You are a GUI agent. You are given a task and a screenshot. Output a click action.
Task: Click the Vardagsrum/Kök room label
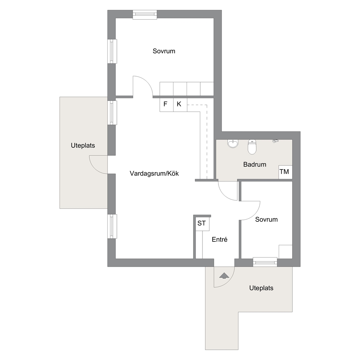tap(154, 173)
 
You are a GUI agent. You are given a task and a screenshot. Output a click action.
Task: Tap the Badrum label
tap(255, 164)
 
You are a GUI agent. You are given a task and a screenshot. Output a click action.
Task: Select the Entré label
tap(220, 240)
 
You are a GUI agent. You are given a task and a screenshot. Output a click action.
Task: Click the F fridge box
tap(167, 105)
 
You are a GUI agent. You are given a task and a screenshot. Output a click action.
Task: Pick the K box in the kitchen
tap(180, 105)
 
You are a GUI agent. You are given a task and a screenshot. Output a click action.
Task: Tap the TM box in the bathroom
tap(285, 172)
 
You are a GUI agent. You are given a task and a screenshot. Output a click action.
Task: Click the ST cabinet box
tap(202, 224)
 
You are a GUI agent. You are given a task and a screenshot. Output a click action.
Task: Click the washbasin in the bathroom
tap(233, 143)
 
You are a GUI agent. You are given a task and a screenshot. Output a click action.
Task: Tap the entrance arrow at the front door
tap(224, 276)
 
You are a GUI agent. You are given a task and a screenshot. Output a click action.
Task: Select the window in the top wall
tap(145, 15)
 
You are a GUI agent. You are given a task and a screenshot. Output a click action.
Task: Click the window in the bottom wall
tap(265, 262)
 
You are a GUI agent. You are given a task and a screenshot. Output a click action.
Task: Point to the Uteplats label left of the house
tap(83, 146)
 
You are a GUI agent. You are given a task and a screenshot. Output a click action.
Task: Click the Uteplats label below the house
tap(261, 288)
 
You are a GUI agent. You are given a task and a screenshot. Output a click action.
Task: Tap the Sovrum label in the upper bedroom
tap(164, 51)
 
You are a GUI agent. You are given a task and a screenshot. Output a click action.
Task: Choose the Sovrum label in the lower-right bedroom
tap(266, 220)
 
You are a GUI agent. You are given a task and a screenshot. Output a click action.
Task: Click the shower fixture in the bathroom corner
tap(275, 141)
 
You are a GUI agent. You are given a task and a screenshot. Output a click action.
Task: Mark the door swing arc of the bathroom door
tap(224, 195)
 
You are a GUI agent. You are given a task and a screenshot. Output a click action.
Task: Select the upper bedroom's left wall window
tap(112, 51)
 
